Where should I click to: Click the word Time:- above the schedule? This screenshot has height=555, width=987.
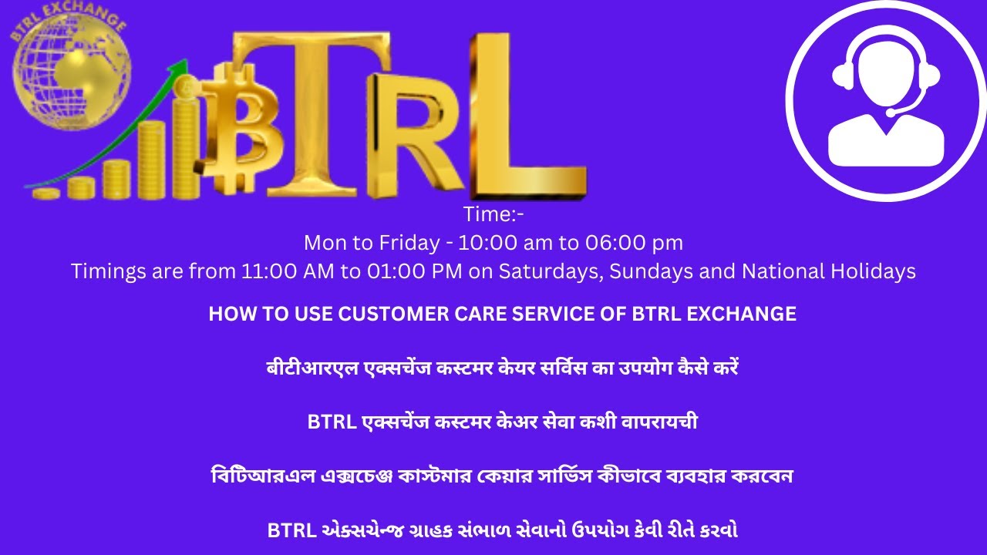(493, 214)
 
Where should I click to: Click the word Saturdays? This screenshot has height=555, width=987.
(543, 271)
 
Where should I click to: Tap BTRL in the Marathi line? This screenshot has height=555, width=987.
(332, 422)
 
